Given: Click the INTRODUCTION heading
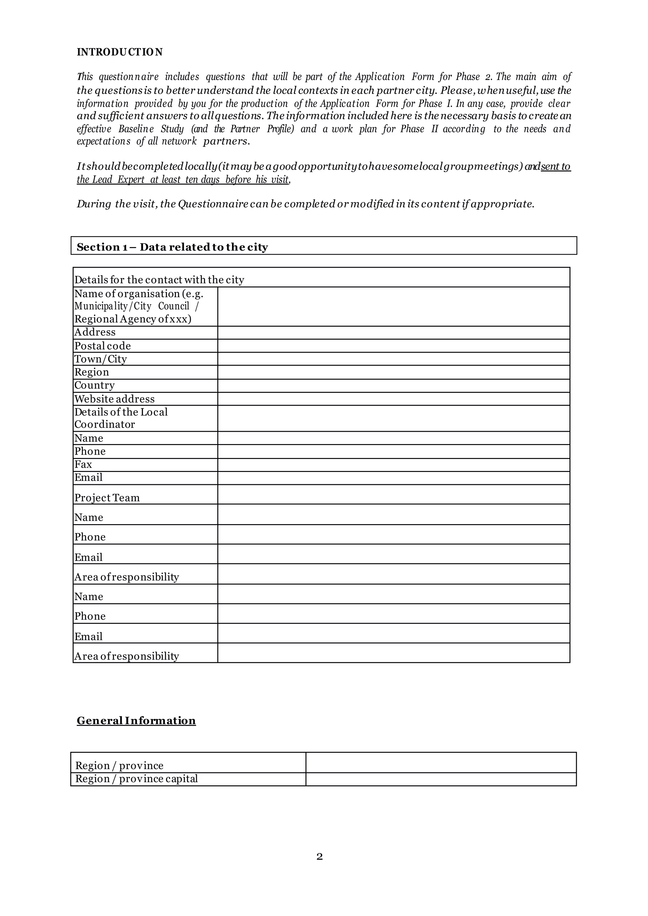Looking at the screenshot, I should [119, 52].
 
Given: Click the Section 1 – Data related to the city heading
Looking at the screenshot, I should [172, 247].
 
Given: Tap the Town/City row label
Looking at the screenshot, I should [101, 359].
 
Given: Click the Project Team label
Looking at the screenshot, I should [107, 498].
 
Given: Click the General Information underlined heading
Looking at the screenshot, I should [136, 720].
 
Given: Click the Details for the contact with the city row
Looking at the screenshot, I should [159, 280].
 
